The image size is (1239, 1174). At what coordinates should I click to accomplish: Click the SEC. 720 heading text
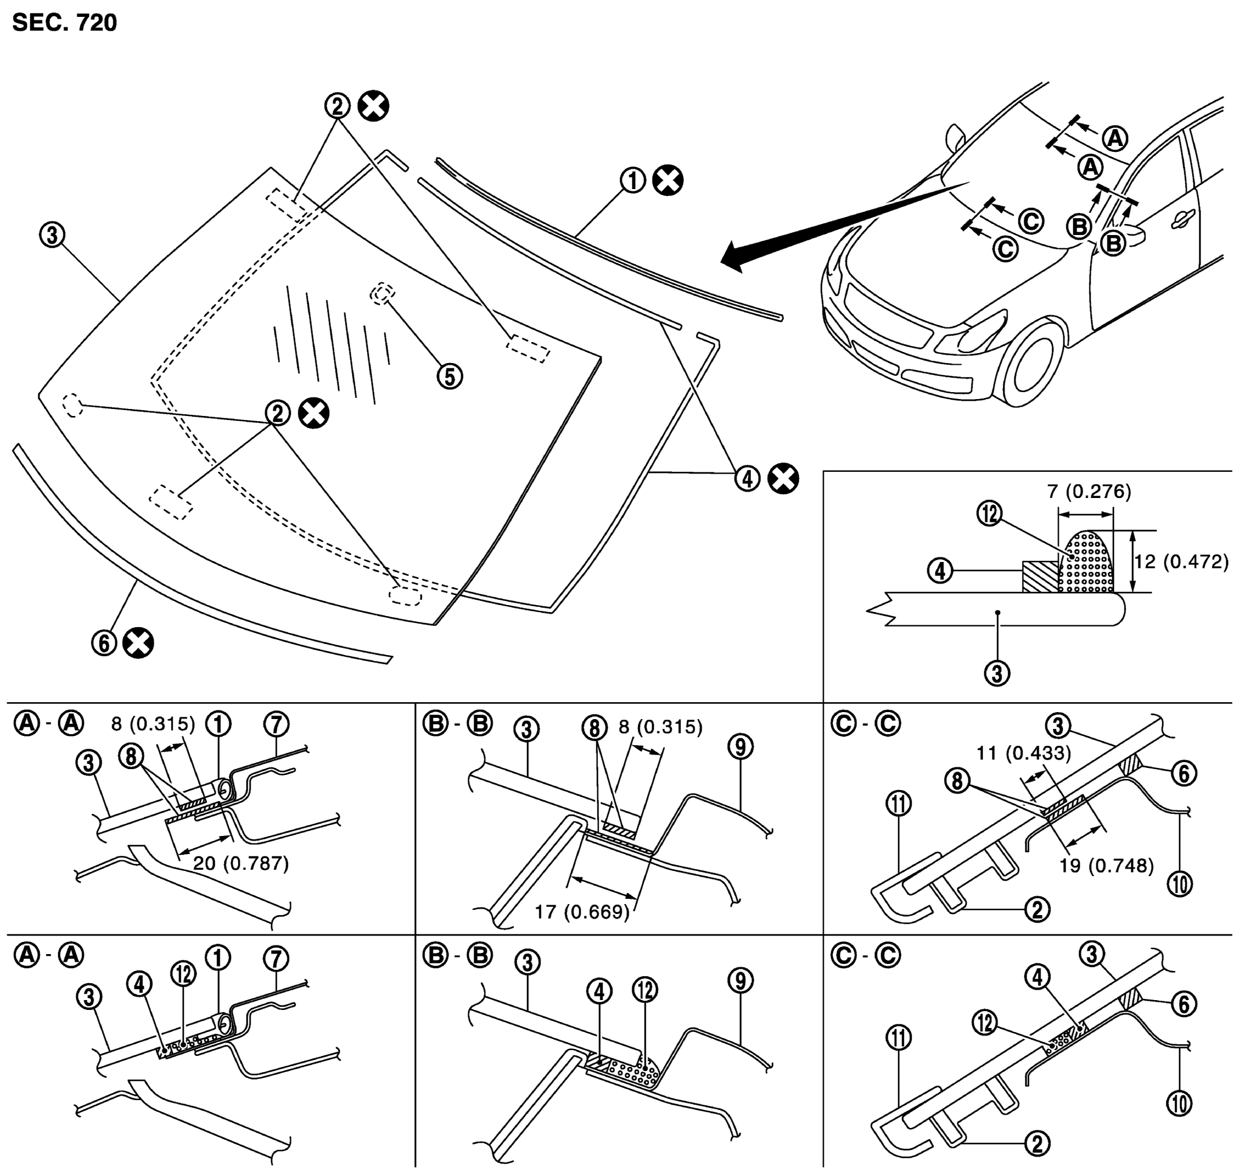pos(65,23)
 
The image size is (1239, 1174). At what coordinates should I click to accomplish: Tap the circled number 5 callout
pos(449,377)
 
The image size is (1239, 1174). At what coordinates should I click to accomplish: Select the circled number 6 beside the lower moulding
pos(105,643)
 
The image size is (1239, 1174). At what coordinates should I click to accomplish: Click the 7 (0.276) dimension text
pos(1089,492)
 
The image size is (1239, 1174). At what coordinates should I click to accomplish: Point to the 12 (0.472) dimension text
pos(1181,561)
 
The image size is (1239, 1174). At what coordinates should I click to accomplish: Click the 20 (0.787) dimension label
pos(241,863)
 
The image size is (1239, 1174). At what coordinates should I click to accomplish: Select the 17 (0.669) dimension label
pos(582,911)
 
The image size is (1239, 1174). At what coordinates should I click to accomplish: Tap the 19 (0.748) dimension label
pos(1106,866)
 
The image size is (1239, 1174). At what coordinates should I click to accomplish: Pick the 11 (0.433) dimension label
pos(1024,753)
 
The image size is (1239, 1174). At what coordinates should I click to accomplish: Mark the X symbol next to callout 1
pos(668,181)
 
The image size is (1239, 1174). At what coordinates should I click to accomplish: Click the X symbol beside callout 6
pos(138,643)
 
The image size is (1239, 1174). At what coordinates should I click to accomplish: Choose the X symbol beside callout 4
pos(783,479)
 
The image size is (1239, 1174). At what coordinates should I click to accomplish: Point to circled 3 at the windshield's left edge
pos(52,235)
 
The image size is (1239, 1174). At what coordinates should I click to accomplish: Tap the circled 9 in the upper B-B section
pos(740,746)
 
